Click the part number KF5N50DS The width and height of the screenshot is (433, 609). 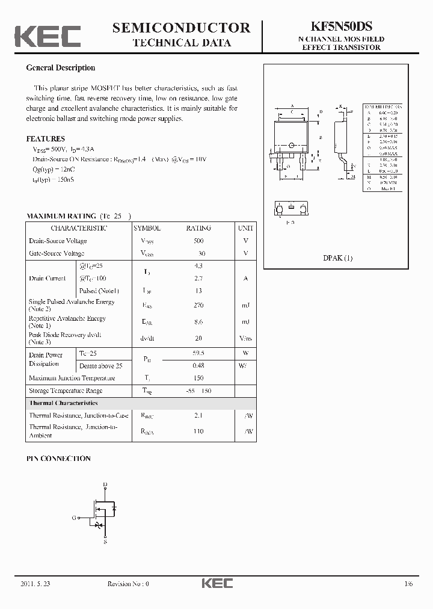(x=342, y=26)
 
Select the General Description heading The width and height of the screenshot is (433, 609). (x=61, y=68)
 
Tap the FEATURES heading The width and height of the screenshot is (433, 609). (x=46, y=138)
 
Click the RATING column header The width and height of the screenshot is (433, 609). (x=198, y=229)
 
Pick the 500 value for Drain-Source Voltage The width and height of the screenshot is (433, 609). (x=198, y=241)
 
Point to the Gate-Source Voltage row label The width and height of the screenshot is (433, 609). (x=57, y=253)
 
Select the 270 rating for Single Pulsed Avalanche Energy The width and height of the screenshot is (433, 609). (x=198, y=305)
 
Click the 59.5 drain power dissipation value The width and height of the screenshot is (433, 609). (x=198, y=354)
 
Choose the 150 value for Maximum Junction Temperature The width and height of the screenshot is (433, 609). (x=198, y=378)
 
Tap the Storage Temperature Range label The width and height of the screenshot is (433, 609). (x=66, y=391)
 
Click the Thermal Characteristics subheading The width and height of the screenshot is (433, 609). (x=63, y=403)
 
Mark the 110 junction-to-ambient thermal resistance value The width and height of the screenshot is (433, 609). (x=198, y=431)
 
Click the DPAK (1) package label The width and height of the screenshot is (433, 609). (x=337, y=258)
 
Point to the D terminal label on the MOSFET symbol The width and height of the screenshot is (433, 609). (x=105, y=484)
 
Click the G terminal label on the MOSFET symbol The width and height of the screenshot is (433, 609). (x=74, y=518)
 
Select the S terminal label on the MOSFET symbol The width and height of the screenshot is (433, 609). (x=105, y=541)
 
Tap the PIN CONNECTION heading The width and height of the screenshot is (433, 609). (x=58, y=459)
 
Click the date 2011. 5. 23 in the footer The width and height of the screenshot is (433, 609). (x=37, y=584)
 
